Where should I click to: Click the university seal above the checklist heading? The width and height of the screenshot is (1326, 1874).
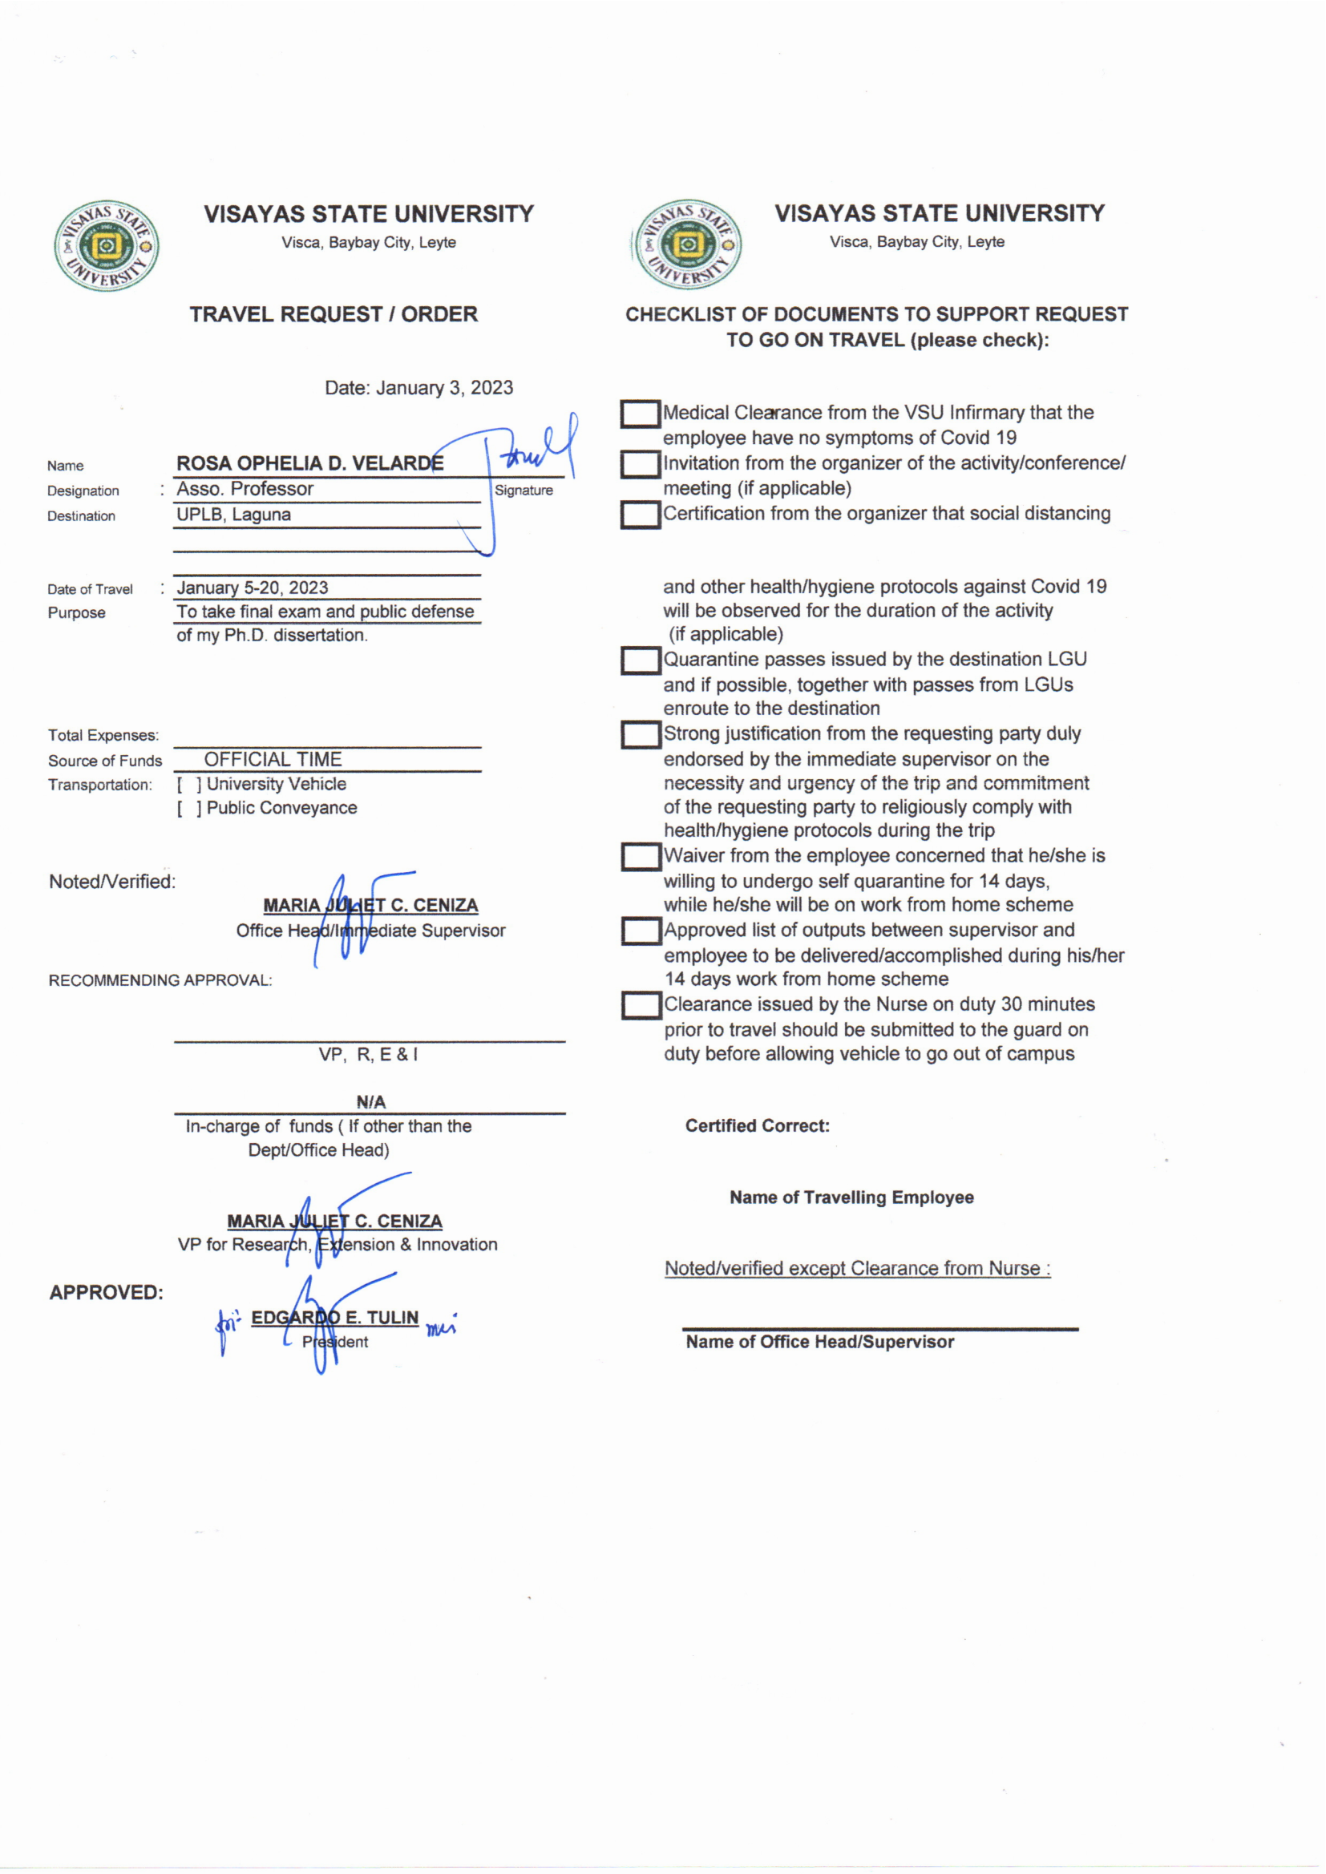coord(689,244)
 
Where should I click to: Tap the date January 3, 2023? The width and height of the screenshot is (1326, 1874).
coord(418,388)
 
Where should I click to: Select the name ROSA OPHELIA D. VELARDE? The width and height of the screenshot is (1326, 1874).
coord(310,463)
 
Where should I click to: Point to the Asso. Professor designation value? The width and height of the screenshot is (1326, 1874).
coord(245,489)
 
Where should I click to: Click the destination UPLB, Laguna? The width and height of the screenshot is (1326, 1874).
coord(233,515)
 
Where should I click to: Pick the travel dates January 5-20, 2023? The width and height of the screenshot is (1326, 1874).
coord(253,588)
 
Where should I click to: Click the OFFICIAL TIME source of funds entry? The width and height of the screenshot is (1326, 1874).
coord(273,760)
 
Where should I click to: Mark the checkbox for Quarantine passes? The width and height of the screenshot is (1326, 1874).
coord(641,660)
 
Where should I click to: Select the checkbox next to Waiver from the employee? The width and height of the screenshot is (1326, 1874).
coord(641,857)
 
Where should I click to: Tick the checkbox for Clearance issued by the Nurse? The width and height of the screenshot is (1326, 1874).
coord(641,1006)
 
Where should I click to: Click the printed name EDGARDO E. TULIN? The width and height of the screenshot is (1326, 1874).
coord(335,1318)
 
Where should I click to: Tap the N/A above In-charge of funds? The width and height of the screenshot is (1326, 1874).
coord(370,1102)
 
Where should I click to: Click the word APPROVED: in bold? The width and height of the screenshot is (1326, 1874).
coord(106,1293)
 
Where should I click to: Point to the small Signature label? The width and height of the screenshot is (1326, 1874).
coord(524,491)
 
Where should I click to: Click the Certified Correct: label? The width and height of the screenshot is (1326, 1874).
coord(757,1126)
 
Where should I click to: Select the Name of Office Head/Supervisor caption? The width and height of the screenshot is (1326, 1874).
coord(820,1342)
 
